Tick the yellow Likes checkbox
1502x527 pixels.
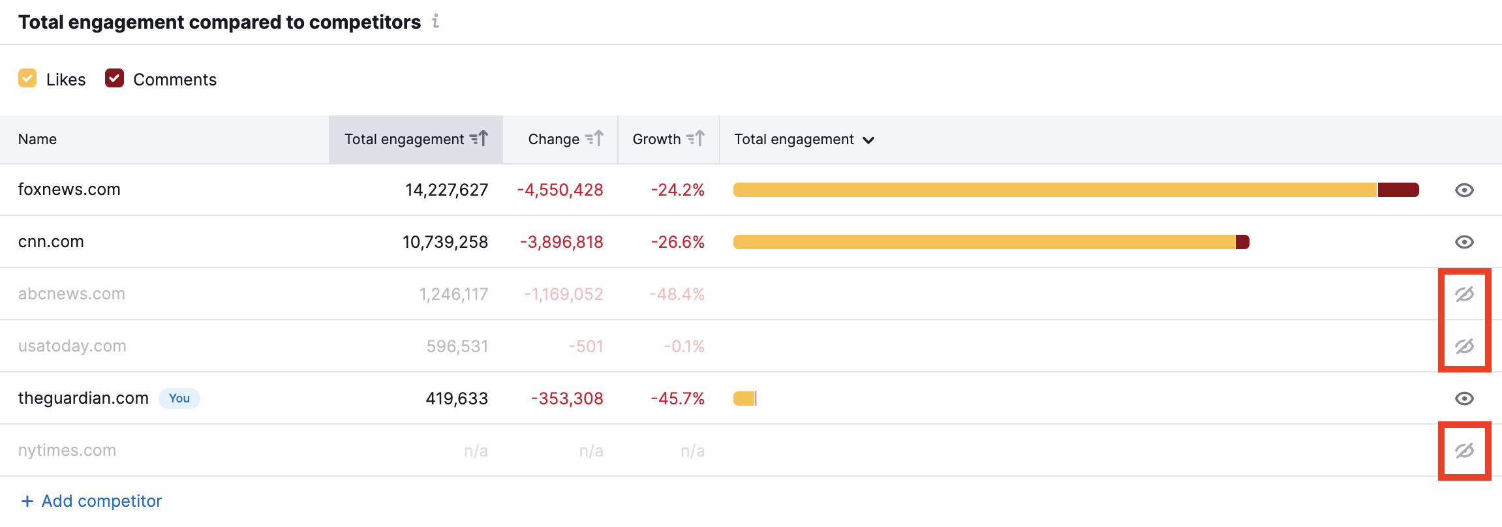pyautogui.click(x=27, y=78)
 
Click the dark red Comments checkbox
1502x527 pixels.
pyautogui.click(x=114, y=78)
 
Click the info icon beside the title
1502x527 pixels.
pyautogui.click(x=436, y=22)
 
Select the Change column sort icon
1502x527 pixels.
pyautogui.click(x=594, y=138)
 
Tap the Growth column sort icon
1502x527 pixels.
pyautogui.click(x=696, y=138)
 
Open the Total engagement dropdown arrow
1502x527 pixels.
pyautogui.click(x=868, y=140)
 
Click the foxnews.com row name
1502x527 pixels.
pyautogui.click(x=69, y=189)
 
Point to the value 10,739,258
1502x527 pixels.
pyautogui.click(x=445, y=242)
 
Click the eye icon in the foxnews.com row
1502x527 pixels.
pyautogui.click(x=1464, y=190)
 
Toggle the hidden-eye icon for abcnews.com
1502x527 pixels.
pyautogui.click(x=1464, y=294)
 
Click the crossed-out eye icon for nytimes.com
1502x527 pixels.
pyautogui.click(x=1464, y=451)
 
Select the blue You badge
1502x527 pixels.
pyautogui.click(x=179, y=398)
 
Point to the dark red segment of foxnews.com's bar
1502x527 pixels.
pyautogui.click(x=1398, y=190)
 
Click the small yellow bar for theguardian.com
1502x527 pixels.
pyautogui.click(x=744, y=399)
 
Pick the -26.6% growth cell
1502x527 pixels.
pyautogui.click(x=677, y=242)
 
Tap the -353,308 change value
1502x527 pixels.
pyautogui.click(x=567, y=399)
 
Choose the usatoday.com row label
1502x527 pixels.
pyautogui.click(x=72, y=346)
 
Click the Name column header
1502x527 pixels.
pyautogui.click(x=37, y=139)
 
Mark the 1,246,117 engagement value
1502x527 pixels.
pyautogui.click(x=453, y=294)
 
